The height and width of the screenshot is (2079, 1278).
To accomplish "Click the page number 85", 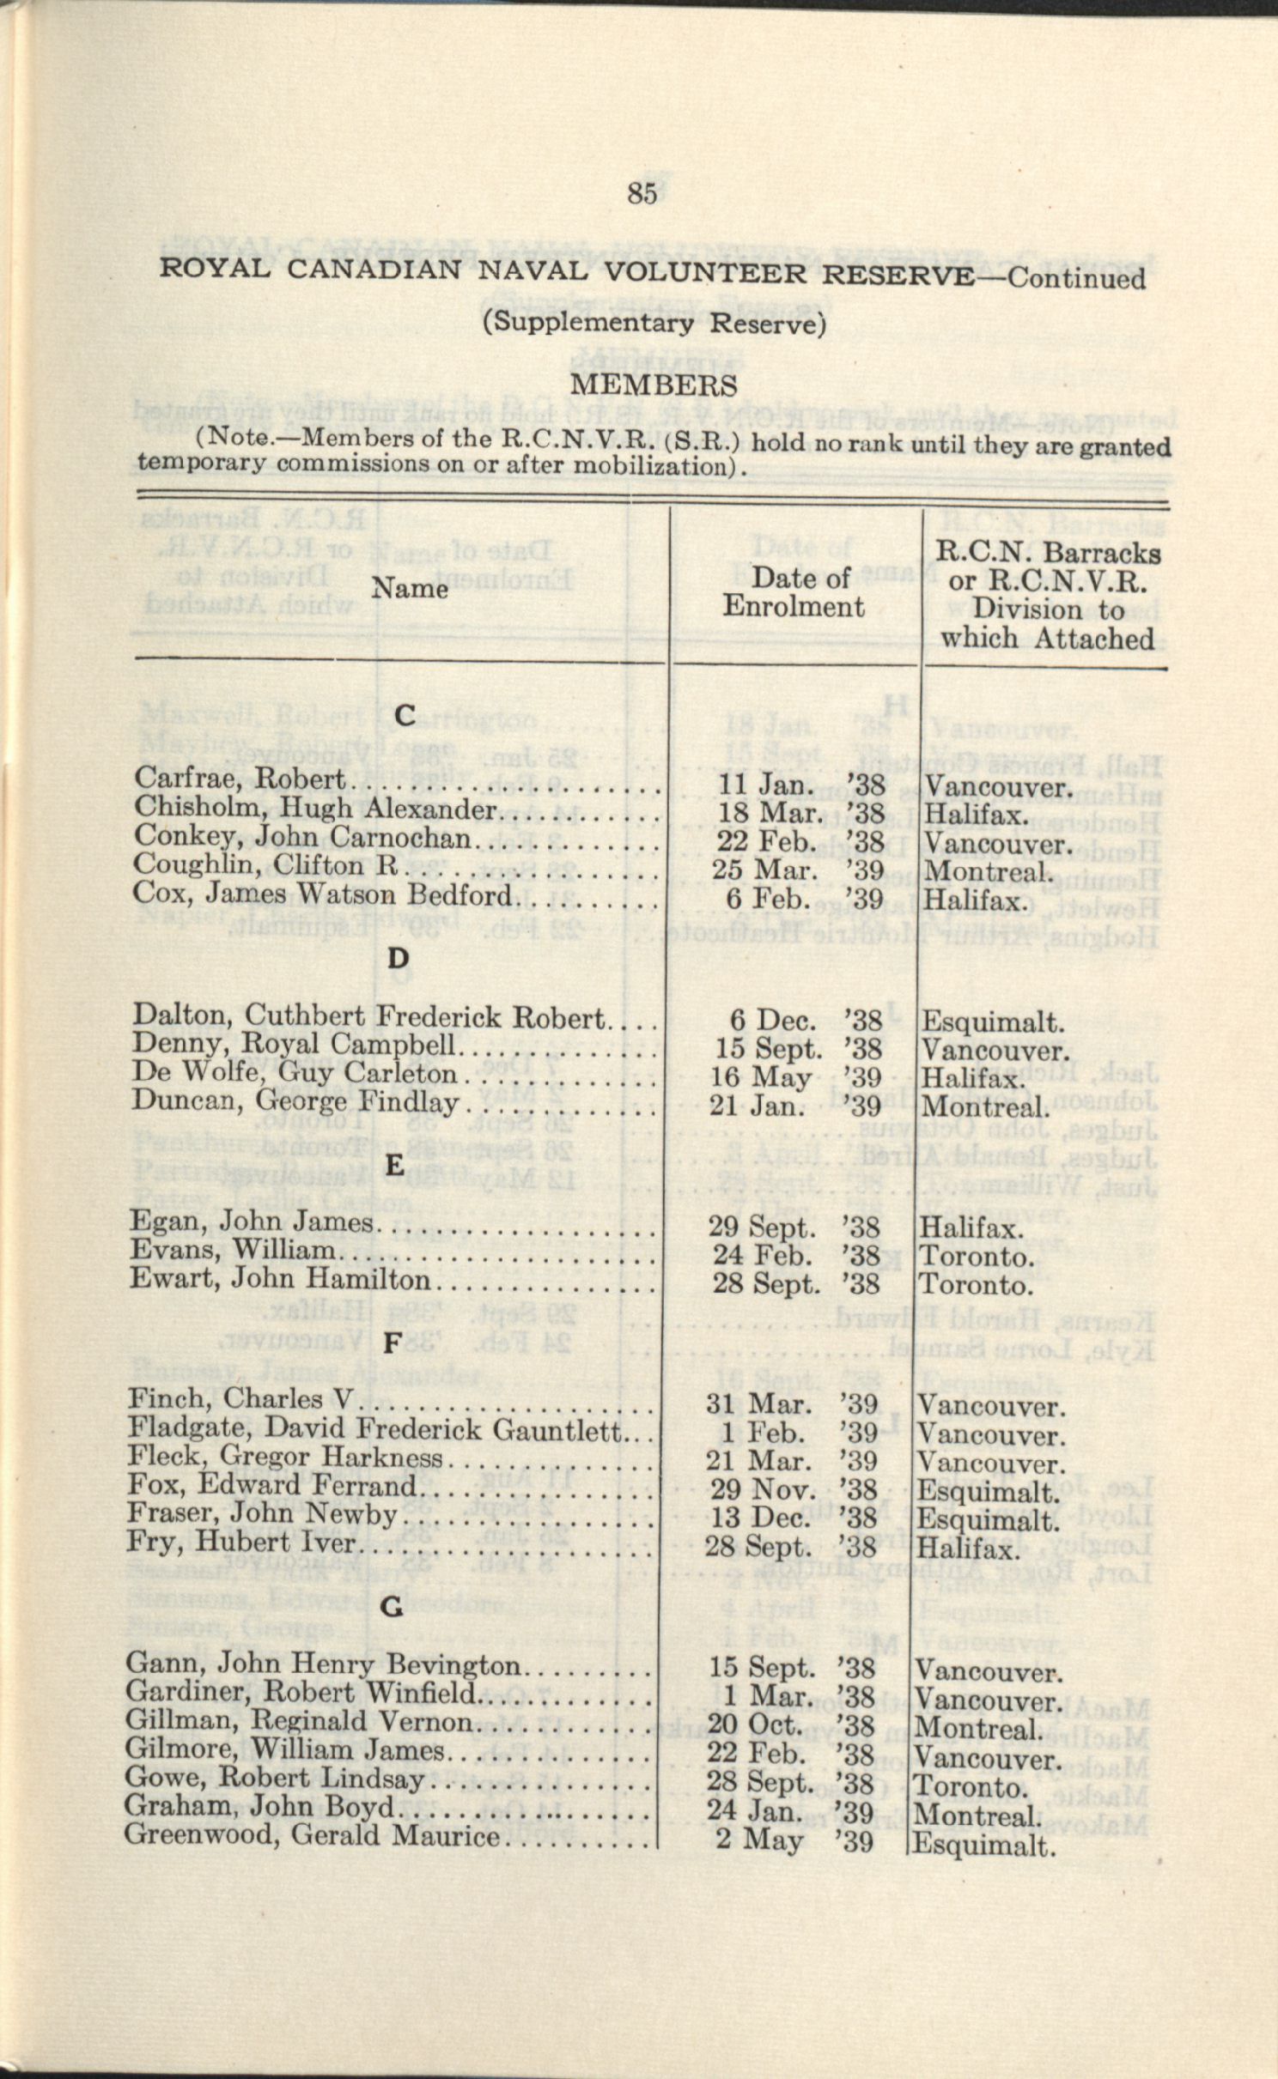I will click(x=642, y=194).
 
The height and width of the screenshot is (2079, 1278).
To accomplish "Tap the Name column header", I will click(x=410, y=589).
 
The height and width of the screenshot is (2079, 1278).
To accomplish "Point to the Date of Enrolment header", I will click(x=793, y=592).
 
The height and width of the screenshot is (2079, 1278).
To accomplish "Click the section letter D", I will click(x=398, y=957).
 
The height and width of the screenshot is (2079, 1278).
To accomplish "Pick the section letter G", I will click(x=392, y=1607).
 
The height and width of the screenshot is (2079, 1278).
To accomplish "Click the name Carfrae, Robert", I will click(x=240, y=779).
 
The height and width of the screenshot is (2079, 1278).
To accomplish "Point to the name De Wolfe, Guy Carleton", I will click(x=294, y=1073).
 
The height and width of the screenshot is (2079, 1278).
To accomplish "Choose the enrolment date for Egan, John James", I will click(x=793, y=1227).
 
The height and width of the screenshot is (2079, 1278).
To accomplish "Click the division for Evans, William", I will click(x=975, y=1257).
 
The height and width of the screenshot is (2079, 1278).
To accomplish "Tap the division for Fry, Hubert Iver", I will click(x=966, y=1549).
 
